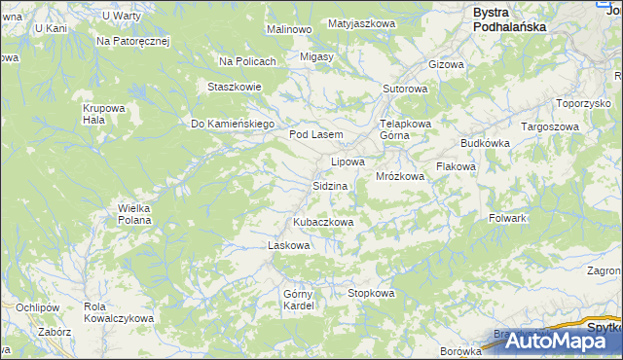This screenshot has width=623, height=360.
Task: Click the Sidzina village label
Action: tap(330, 185)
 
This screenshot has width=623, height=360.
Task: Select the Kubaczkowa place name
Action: tap(322, 222)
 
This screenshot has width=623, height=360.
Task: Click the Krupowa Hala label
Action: tap(100, 113)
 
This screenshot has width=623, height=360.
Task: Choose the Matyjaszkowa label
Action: tap(360, 22)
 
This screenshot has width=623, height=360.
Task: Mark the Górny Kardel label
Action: tap(299, 300)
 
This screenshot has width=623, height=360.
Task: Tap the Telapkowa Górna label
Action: tap(404, 129)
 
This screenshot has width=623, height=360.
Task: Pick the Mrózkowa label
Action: tap(399, 176)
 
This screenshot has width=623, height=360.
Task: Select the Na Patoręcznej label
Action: tap(133, 42)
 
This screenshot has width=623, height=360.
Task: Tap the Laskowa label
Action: tap(288, 245)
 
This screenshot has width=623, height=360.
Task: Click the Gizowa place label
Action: tap(447, 64)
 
